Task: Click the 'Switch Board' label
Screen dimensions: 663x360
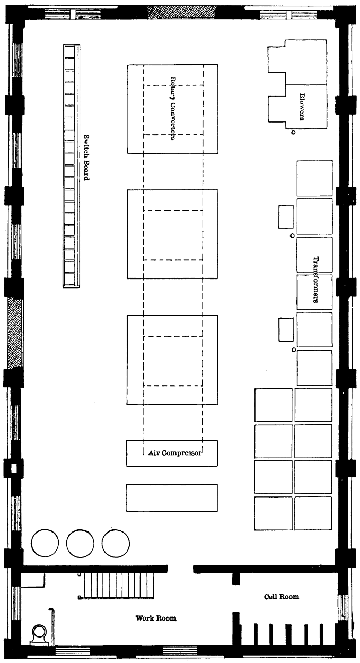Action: click(86, 156)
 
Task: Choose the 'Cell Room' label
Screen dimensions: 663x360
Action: click(282, 597)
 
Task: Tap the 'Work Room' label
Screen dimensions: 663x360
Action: click(155, 618)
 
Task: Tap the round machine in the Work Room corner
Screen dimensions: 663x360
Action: click(39, 634)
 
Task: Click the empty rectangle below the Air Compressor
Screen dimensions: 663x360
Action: click(172, 498)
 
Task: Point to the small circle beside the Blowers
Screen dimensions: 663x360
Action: click(293, 133)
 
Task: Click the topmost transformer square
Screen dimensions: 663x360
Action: click(314, 178)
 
